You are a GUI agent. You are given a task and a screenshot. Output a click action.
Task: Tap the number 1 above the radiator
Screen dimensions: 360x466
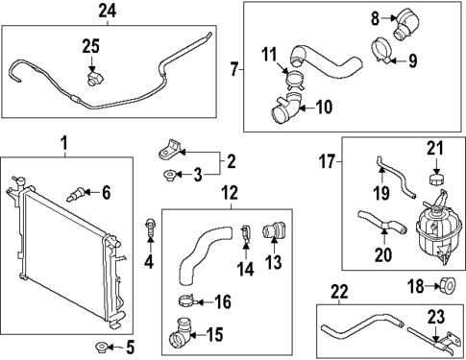[64, 144]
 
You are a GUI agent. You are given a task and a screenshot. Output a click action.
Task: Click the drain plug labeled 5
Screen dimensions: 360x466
[100, 346]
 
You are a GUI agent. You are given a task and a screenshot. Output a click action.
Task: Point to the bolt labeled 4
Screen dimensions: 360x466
[149, 228]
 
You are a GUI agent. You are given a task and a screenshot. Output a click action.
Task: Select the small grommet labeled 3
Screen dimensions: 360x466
[169, 175]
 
